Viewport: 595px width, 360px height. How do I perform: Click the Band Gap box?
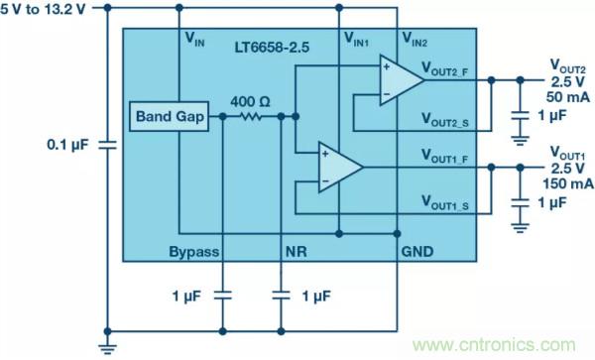coord(169,116)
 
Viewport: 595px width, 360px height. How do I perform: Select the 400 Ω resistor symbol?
coord(252,116)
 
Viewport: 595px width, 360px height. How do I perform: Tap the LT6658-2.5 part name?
coord(272,48)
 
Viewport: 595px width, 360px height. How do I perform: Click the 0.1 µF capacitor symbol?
coord(107,145)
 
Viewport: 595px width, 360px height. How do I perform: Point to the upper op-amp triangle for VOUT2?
coord(402,80)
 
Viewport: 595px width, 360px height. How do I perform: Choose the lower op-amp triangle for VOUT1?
coord(340,167)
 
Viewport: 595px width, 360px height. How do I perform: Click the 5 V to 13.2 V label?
coord(43,9)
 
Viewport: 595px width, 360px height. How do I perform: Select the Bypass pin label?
coord(194,252)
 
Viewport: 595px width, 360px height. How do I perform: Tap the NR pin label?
coord(296,252)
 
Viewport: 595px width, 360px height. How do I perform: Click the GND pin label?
coord(417,252)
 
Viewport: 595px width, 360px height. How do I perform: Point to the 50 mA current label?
coord(567,97)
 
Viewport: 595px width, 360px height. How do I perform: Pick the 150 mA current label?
coord(568,183)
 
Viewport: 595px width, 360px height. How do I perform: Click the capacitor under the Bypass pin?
coord(223,296)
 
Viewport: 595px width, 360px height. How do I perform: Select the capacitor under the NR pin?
coord(281,296)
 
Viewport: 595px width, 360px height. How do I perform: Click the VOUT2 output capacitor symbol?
coord(520,115)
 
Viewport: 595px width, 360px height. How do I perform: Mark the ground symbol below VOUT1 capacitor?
coord(520,227)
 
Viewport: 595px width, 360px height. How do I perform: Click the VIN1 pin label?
coord(356,39)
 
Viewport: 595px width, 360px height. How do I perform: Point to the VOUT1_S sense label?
coord(444,202)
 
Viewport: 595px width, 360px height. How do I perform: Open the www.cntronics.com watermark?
coord(494,345)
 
